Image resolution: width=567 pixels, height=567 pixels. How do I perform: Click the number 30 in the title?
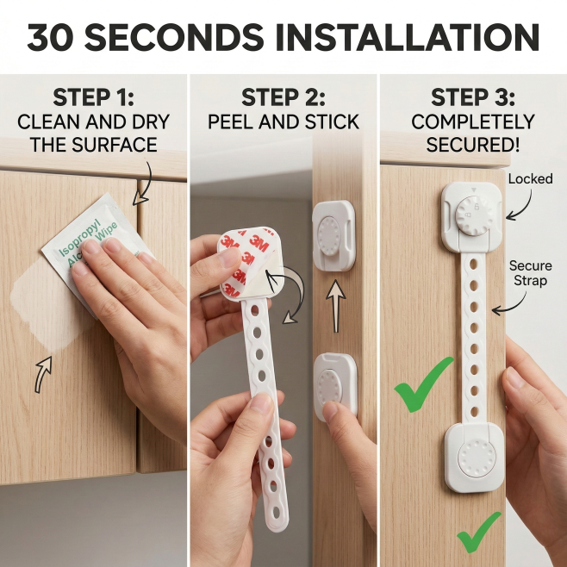(x=50, y=37)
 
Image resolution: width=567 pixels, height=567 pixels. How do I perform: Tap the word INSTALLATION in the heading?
(x=408, y=37)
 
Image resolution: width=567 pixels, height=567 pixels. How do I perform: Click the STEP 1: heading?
(x=94, y=97)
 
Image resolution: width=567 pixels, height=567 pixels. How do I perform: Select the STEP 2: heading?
(x=283, y=97)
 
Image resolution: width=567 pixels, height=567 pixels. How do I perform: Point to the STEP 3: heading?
(x=473, y=97)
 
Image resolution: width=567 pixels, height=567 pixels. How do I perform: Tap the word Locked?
(x=531, y=178)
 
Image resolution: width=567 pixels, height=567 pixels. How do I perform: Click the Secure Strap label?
(x=531, y=273)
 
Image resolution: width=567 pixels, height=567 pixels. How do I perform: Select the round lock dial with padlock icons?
(x=474, y=216)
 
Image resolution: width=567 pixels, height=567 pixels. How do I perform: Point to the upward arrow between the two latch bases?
(x=336, y=306)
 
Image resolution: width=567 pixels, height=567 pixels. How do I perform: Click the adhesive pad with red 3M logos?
(x=250, y=263)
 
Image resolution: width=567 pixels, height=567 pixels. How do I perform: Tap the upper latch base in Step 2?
(x=333, y=235)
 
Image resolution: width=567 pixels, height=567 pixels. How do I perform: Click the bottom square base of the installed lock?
(x=475, y=458)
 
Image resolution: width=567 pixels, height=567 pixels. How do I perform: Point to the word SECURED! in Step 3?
(x=473, y=145)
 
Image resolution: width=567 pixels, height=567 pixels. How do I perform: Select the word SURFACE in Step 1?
(x=115, y=145)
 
